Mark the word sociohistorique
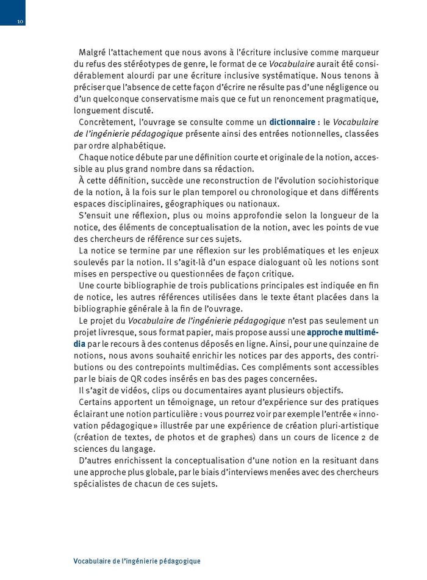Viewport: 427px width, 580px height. click(344, 181)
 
